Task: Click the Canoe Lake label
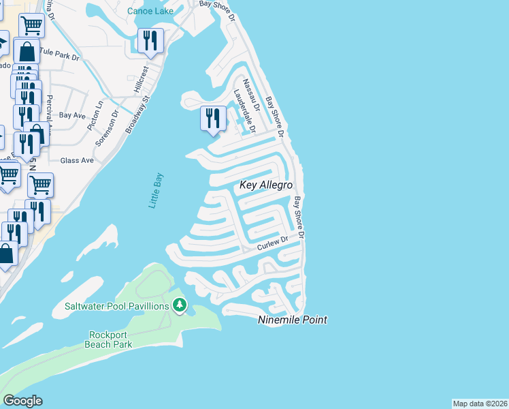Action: click(x=150, y=10)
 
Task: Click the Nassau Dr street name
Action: click(x=251, y=94)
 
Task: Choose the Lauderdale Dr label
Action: click(x=244, y=110)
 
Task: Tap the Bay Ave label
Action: click(x=71, y=116)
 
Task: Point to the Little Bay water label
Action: click(x=156, y=191)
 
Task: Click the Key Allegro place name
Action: click(x=265, y=185)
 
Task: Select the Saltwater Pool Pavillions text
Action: click(x=117, y=306)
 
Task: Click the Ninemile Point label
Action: click(x=293, y=319)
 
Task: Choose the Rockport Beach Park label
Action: click(x=109, y=339)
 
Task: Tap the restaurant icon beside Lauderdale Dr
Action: click(x=212, y=119)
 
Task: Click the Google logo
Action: click(x=22, y=401)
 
